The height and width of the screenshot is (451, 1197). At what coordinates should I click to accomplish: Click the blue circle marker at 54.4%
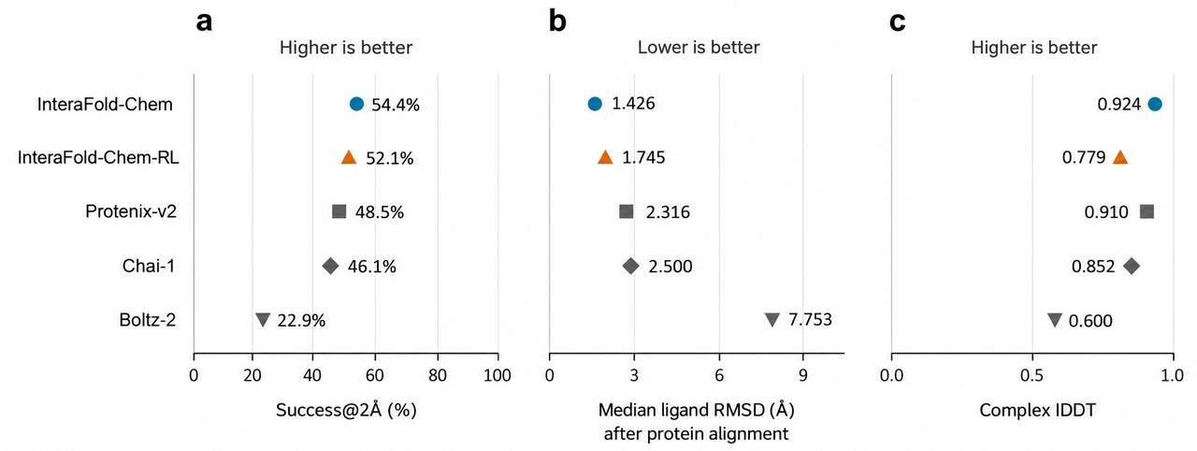coord(356,104)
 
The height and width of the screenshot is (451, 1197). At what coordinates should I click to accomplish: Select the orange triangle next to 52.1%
coord(349,157)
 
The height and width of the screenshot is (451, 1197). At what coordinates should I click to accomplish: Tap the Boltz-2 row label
coord(148,320)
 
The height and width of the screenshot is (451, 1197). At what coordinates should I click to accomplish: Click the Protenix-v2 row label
coord(131,211)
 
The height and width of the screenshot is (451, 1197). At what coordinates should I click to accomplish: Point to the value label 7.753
coord(810,320)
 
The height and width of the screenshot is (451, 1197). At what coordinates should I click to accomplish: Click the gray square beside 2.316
coord(627,211)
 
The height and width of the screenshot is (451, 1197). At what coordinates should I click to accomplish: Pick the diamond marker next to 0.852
coord(1132,266)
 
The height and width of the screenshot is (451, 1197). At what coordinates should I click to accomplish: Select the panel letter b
coord(557,22)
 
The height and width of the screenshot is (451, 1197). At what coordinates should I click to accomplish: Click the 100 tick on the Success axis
coord(497,375)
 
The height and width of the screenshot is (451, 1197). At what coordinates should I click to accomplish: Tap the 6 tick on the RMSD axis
coord(719,375)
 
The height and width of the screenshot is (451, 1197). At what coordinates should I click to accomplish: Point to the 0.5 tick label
coord(1031,375)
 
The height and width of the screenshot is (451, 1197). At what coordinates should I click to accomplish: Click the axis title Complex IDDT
coord(1038,410)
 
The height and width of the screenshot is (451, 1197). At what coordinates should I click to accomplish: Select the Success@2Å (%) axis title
coord(346,410)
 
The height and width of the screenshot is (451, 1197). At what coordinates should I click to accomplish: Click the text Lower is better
coord(699,48)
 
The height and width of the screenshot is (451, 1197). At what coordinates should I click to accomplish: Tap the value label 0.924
coord(1119,104)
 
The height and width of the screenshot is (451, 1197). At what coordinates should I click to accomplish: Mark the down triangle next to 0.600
coord(1054,320)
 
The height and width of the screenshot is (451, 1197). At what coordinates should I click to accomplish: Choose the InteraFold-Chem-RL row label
coord(98,157)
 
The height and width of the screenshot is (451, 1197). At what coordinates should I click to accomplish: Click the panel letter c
coord(897,22)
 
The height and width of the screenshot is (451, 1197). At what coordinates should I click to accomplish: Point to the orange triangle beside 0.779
coord(1120,157)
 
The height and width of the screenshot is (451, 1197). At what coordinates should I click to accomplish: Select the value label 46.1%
coord(372,266)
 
